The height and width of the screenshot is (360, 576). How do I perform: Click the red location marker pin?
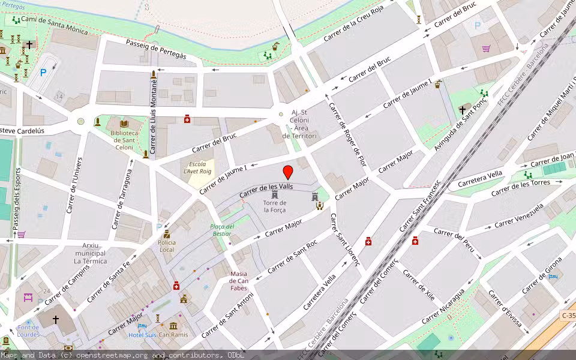point(288,172)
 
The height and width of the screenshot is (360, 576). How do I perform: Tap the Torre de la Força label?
point(275,206)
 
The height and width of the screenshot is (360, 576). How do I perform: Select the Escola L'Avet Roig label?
point(197,168)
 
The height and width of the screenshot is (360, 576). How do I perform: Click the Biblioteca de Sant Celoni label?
point(122,140)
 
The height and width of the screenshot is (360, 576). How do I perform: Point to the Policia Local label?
point(166,245)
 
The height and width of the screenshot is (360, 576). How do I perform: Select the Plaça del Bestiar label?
point(221,230)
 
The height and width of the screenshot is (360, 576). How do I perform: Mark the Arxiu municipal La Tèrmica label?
point(90,253)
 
